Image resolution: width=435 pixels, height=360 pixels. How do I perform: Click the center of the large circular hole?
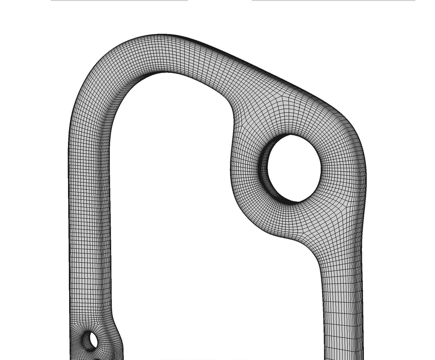pyautogui.click(x=294, y=168)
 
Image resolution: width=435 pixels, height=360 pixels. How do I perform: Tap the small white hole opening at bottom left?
pyautogui.click(x=93, y=341)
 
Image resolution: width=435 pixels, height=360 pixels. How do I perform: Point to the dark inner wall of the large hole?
pyautogui.click(x=264, y=169)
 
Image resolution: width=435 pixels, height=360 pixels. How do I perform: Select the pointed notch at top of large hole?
pyautogui.click(x=290, y=135)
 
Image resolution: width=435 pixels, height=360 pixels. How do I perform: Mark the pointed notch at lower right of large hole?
pyautogui.click(x=299, y=202)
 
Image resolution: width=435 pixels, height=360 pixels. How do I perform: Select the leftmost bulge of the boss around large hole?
pyautogui.click(x=231, y=169)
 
